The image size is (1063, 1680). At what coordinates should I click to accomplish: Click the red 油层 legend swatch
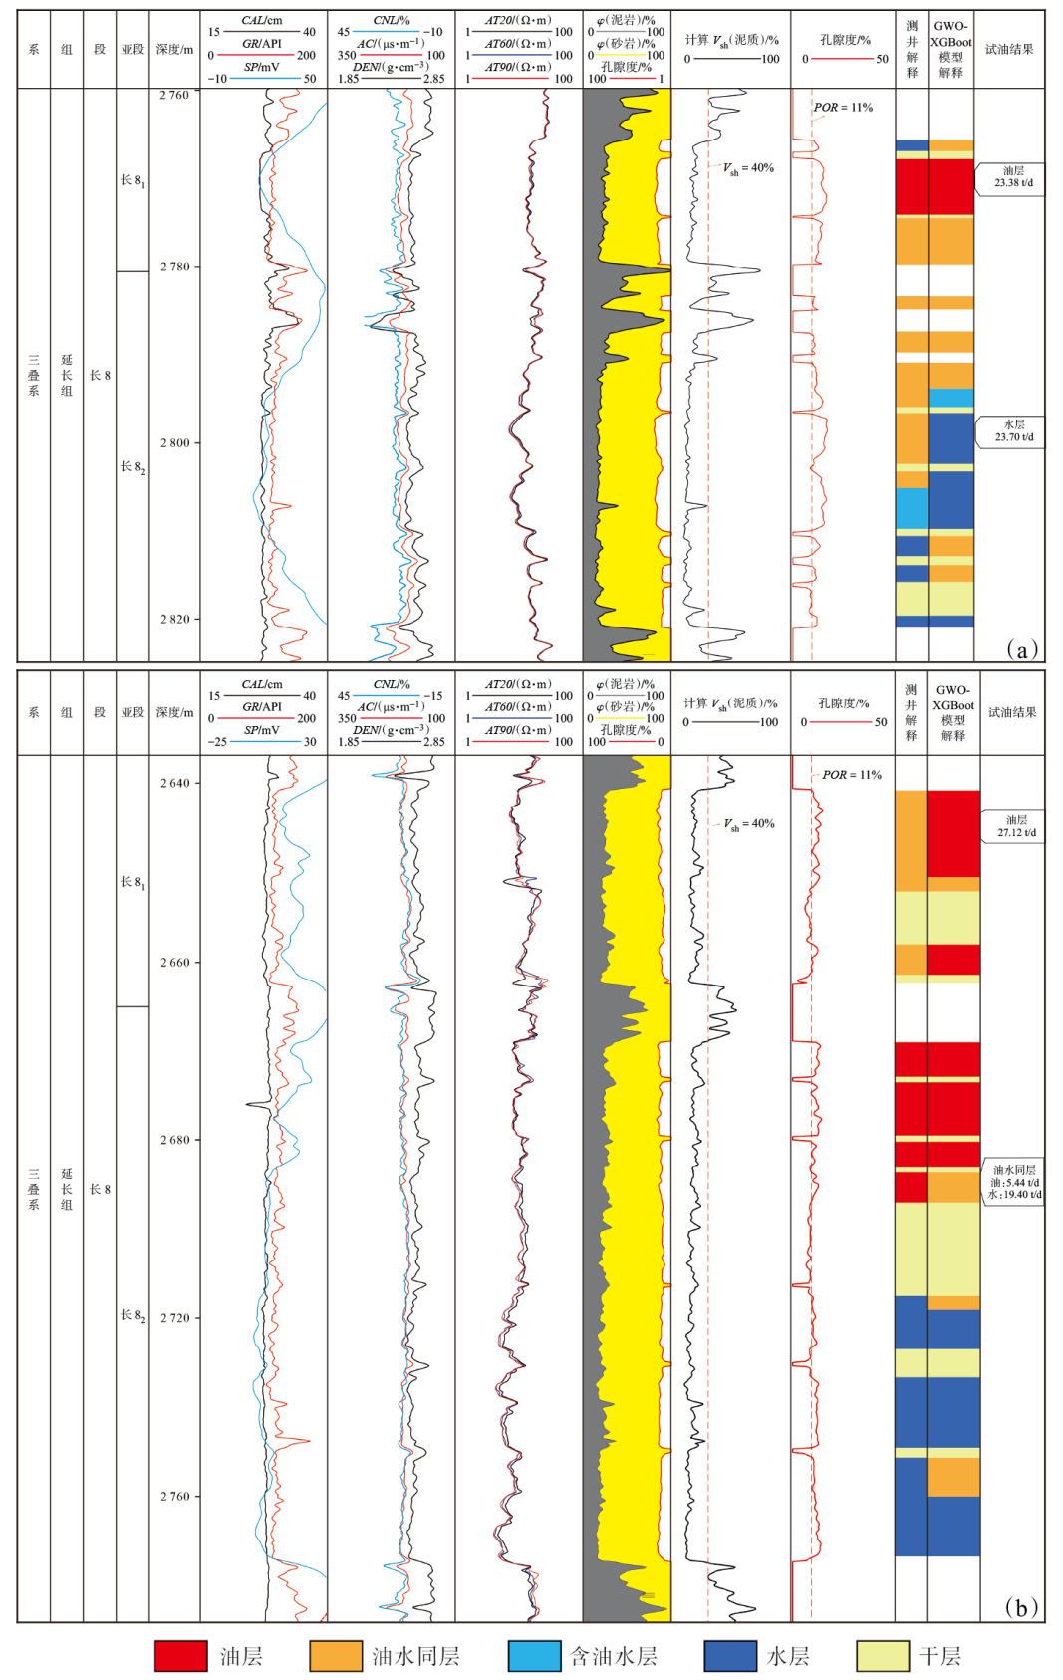click(180, 1655)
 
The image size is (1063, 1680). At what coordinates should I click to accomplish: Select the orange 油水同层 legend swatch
click(336, 1655)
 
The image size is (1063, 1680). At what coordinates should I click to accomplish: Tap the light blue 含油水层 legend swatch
click(534, 1655)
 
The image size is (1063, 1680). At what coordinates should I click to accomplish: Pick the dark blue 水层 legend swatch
click(730, 1655)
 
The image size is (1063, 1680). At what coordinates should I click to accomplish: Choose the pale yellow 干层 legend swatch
click(883, 1655)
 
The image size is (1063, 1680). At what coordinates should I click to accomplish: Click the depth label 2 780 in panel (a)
click(174, 267)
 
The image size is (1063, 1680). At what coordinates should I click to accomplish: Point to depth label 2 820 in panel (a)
click(174, 619)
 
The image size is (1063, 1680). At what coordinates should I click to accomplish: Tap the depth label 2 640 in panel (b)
click(174, 783)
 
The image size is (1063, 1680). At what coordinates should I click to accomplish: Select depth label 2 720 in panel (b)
click(174, 1317)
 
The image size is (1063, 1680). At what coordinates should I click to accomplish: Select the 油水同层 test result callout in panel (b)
click(1015, 1182)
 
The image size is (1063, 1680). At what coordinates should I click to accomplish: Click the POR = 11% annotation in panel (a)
click(843, 108)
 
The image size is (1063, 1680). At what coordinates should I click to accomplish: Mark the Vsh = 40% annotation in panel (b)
click(749, 824)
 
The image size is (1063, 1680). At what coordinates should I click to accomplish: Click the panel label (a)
click(1021, 649)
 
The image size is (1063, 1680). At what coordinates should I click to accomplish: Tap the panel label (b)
click(1021, 1607)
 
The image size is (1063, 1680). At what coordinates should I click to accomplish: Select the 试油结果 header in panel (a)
click(1009, 49)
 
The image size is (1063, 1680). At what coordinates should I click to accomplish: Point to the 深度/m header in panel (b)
click(174, 712)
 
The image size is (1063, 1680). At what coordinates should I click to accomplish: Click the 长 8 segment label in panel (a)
click(100, 375)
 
